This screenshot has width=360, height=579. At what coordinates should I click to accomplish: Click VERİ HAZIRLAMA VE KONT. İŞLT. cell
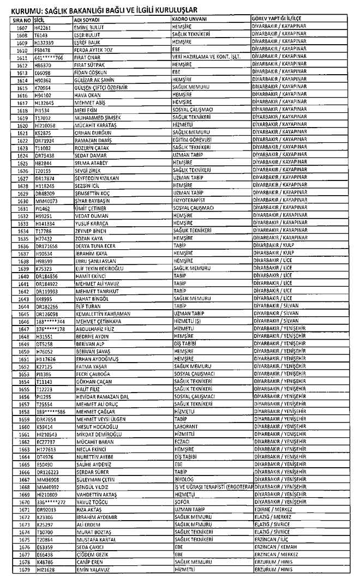click(x=203, y=57)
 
